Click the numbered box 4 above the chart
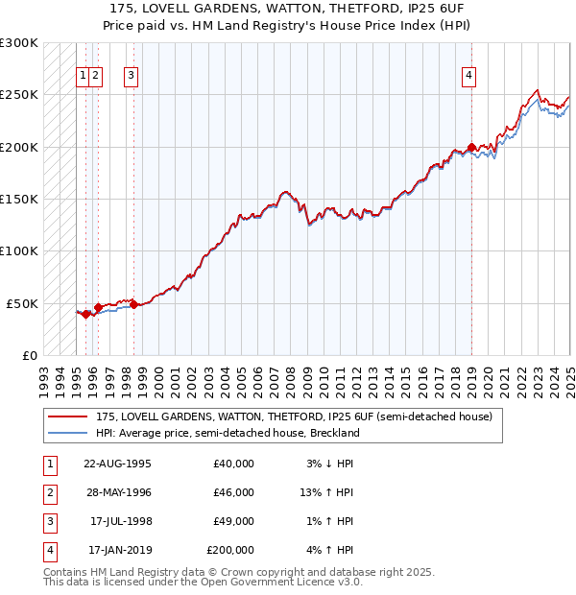click(469, 78)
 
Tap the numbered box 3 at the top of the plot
click(131, 78)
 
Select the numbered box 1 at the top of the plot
click(84, 78)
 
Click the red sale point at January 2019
click(471, 148)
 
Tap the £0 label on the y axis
click(29, 355)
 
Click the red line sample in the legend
click(67, 416)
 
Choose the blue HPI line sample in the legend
click(67, 433)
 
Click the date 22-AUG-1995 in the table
click(118, 464)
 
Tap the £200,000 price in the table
click(230, 550)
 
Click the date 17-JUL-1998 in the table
click(121, 521)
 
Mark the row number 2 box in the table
click(48, 492)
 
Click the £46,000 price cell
click(233, 492)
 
